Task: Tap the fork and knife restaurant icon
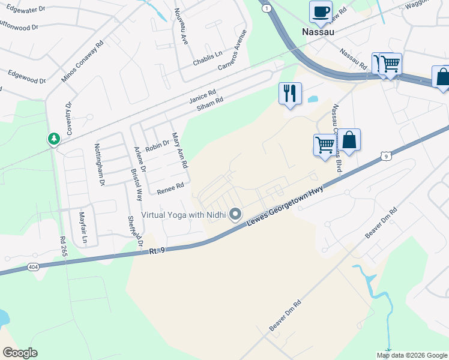click(x=290, y=93)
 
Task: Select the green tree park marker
click(x=54, y=139)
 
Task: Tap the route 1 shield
click(x=266, y=7)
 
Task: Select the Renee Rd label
click(x=170, y=189)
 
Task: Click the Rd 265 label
click(x=62, y=247)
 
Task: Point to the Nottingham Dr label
click(x=99, y=164)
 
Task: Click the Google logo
click(x=20, y=353)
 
